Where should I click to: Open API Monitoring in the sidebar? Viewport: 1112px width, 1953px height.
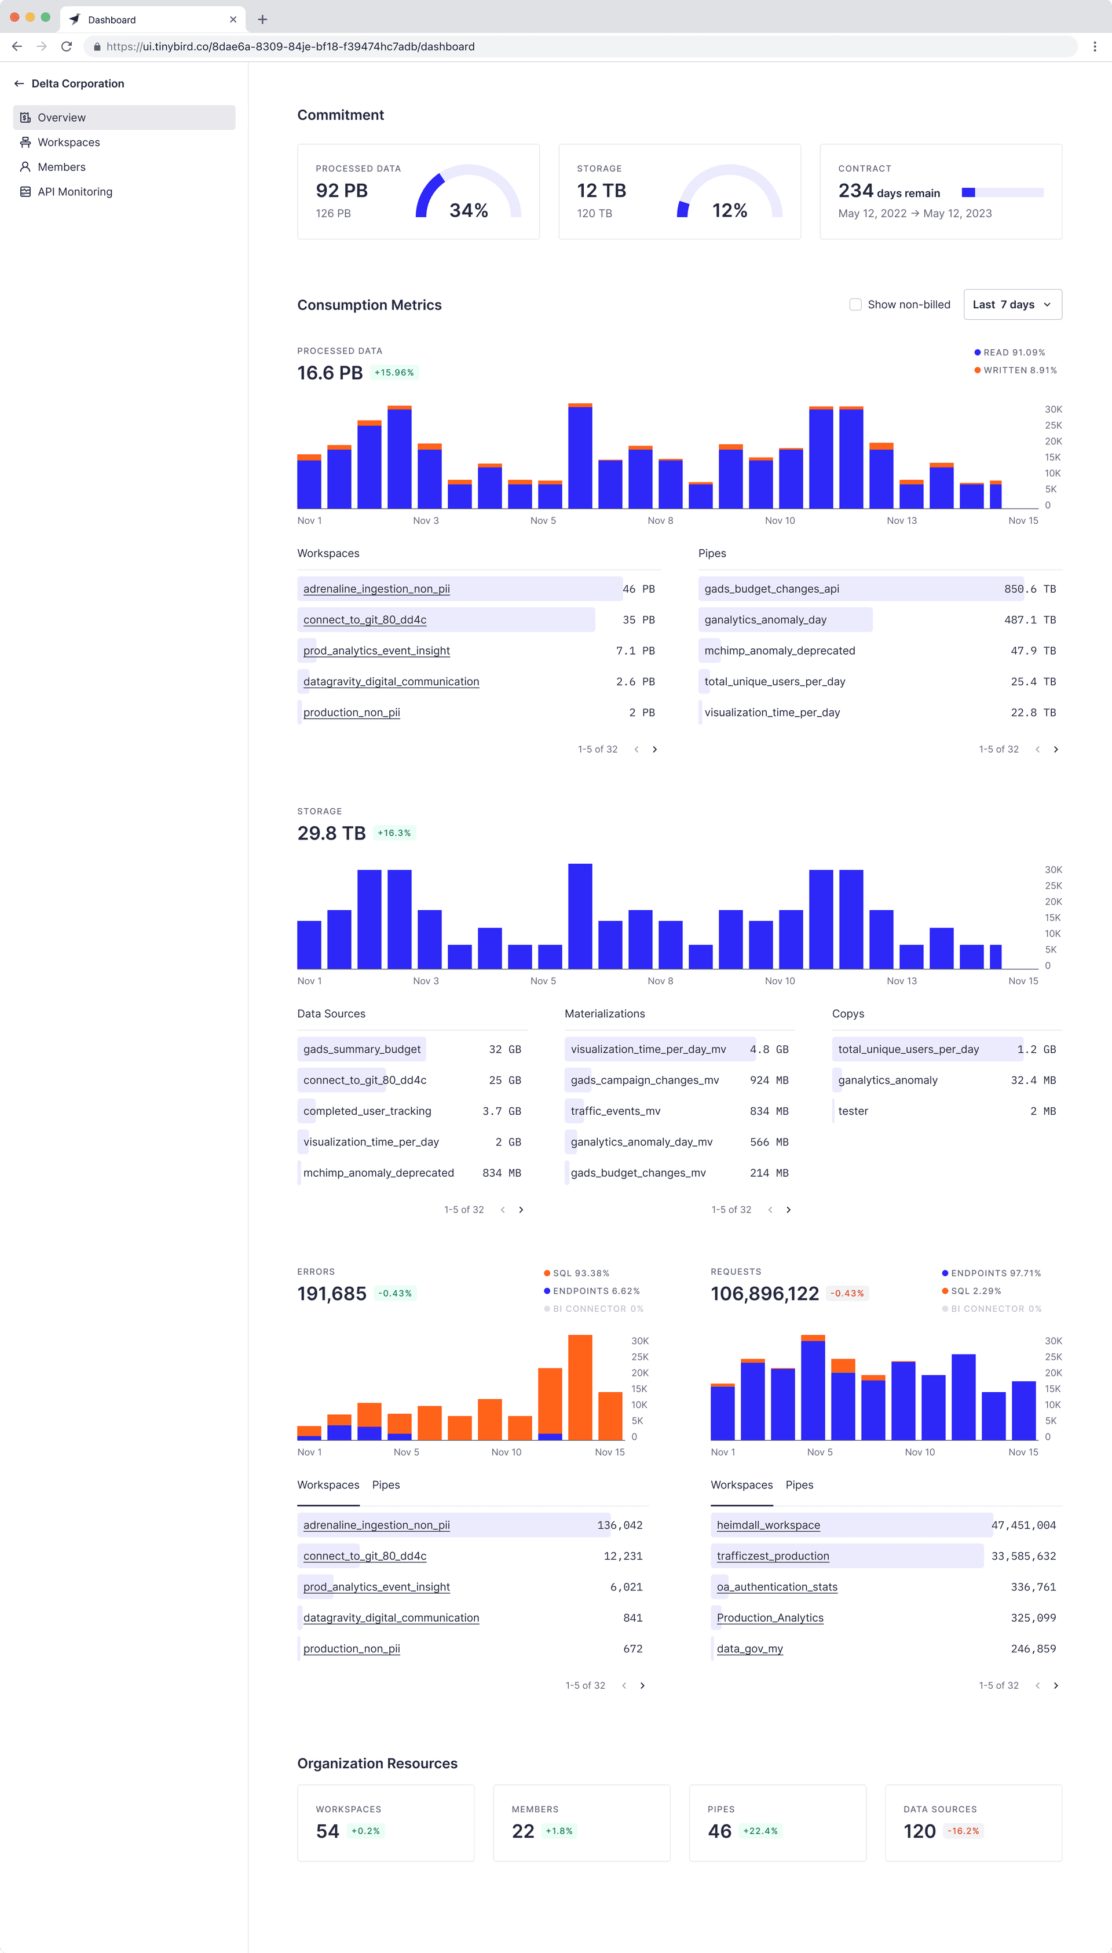(74, 192)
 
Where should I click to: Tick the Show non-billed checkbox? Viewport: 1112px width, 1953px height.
(855, 305)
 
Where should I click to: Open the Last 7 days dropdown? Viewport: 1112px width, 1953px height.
(1011, 305)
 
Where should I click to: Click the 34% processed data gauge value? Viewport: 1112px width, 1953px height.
(468, 210)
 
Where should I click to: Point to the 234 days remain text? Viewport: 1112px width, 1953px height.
(888, 192)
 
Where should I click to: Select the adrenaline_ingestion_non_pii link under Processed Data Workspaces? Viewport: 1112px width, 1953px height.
(376, 589)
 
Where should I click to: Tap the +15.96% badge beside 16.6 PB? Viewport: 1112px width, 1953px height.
(394, 373)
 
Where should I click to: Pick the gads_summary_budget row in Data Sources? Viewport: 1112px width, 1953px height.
(362, 1049)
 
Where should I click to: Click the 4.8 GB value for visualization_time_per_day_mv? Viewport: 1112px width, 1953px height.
(769, 1049)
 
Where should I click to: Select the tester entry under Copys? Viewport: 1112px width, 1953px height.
(853, 1111)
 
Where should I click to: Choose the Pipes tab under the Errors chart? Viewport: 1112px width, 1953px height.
(386, 1485)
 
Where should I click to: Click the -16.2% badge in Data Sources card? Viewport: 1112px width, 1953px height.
(963, 1831)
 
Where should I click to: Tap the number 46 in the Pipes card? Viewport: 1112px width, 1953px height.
(719, 1831)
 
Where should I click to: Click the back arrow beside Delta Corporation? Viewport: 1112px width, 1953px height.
(19, 84)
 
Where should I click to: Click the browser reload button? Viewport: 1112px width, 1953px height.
(67, 46)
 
